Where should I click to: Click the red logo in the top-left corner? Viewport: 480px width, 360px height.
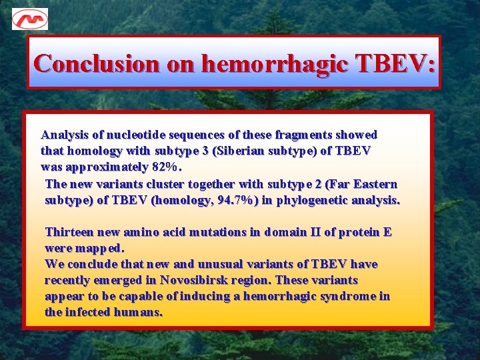point(30,19)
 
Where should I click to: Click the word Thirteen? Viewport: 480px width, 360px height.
point(69,232)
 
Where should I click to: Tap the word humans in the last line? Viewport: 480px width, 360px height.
point(141,312)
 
